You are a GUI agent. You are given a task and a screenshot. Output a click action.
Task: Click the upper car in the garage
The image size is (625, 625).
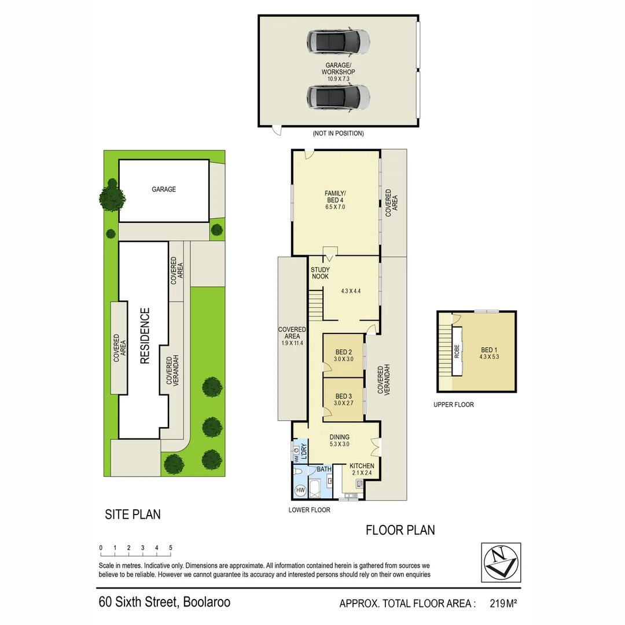point(338,41)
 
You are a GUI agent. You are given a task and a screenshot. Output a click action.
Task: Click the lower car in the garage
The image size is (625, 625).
point(338,96)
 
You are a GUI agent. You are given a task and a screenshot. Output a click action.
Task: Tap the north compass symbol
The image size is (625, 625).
point(501,562)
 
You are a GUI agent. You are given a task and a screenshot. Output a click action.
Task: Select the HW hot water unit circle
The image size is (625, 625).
point(300,490)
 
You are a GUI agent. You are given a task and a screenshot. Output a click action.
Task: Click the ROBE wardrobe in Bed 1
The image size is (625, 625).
point(456,352)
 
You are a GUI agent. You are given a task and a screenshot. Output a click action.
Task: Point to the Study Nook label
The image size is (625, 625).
point(319,273)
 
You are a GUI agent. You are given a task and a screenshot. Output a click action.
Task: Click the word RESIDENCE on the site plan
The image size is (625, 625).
point(145,336)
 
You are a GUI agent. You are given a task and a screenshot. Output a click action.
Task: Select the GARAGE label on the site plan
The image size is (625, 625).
point(164,189)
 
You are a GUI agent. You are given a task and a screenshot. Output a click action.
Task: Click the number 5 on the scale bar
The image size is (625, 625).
point(170,547)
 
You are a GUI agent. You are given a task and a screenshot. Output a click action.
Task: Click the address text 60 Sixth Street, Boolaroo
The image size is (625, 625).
point(164,602)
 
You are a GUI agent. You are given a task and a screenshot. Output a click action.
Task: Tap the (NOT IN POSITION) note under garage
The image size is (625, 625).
point(338,134)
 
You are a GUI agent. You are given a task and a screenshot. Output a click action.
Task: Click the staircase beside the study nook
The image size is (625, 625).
point(315,304)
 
